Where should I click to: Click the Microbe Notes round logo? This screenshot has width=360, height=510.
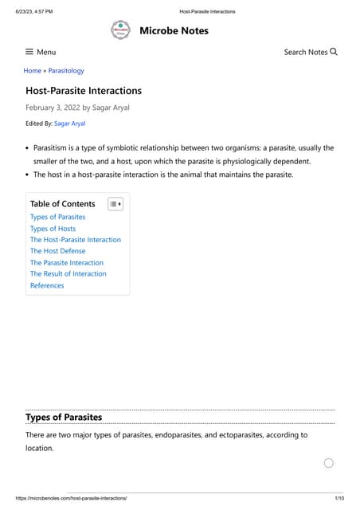pos(119,31)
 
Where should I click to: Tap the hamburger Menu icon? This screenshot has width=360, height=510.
pos(29,52)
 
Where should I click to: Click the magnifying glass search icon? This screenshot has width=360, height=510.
pos(334,52)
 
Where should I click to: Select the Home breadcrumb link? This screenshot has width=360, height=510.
pos(32,71)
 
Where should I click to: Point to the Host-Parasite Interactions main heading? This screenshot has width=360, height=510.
pos(84,91)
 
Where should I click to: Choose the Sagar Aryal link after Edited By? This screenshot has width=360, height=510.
pos(69,124)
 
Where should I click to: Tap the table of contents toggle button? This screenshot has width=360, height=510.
pos(115,204)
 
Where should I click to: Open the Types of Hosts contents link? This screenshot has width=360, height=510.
pos(53,229)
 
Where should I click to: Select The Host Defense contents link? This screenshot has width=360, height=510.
pos(57,251)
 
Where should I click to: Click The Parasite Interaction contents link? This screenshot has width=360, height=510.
pos(67,262)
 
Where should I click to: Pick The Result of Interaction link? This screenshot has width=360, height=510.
pos(68,273)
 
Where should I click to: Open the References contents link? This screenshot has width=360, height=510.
pos(47,285)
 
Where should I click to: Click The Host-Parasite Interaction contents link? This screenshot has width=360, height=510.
pos(76,240)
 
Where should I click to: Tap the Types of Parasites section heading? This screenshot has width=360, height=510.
pos(64,417)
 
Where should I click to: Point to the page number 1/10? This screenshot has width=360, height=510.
pos(339,498)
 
